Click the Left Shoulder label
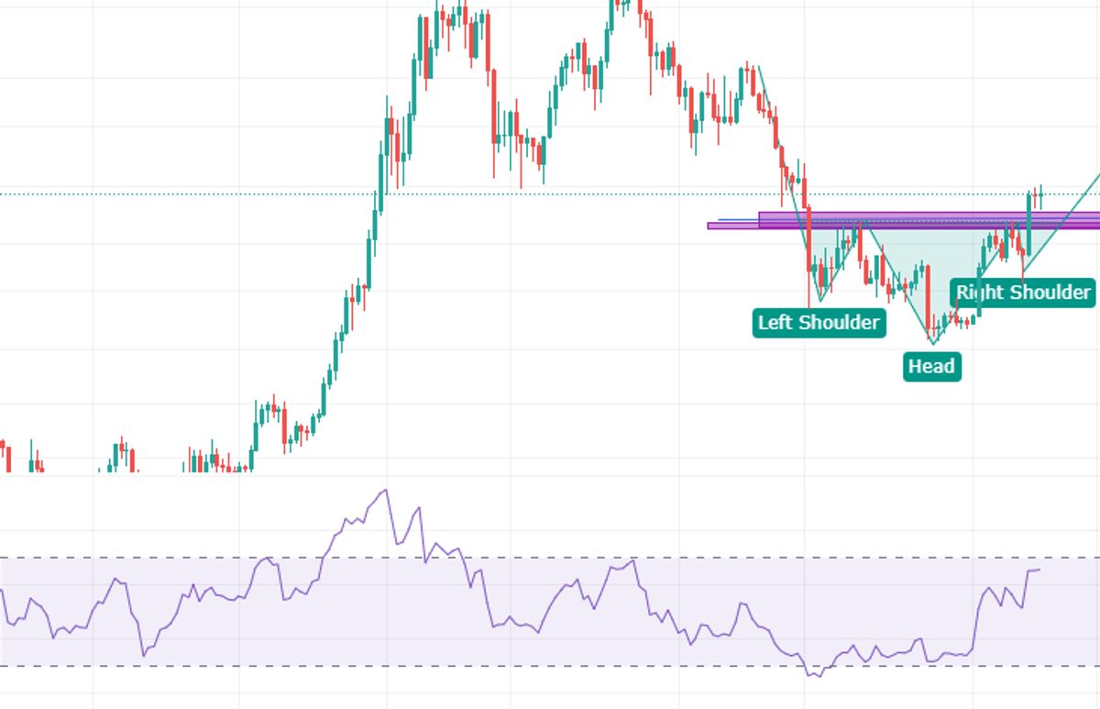coord(819,323)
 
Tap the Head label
coord(931,367)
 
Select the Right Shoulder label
coord(1023,293)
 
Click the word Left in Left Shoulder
coord(775,323)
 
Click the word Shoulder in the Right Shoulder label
coord(1048,293)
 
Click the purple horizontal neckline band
coord(917,220)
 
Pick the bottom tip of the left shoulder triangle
coord(820,301)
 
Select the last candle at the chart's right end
coord(1040,194)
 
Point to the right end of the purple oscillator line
coord(1039,570)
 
